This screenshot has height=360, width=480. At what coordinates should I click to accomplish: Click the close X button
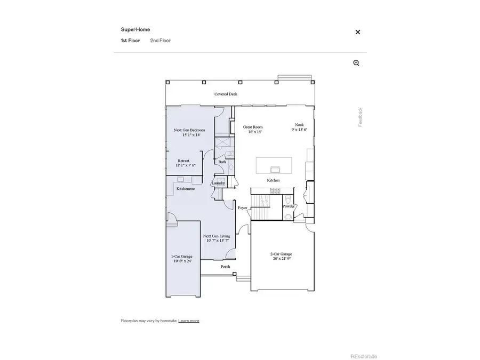point(358,32)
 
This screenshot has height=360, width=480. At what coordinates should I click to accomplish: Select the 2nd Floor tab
point(160,41)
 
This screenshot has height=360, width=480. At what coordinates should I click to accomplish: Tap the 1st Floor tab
point(130,41)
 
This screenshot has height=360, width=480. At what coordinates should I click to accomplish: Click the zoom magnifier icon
point(356,63)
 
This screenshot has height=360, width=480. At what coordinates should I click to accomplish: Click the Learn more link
point(189,321)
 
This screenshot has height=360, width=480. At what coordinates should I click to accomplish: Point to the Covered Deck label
point(226,94)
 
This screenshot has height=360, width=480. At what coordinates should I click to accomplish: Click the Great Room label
point(253,127)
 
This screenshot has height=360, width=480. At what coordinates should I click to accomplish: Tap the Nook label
point(299,125)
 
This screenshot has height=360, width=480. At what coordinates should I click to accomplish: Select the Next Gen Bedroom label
point(190,130)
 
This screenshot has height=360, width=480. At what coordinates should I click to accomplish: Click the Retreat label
point(183,161)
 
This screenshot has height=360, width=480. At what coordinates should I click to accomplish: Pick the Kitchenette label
point(186,189)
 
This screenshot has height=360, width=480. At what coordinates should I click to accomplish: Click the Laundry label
point(218,183)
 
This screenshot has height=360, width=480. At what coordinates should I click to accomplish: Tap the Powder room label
point(289,206)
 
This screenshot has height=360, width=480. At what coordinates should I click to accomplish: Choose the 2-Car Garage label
point(281,254)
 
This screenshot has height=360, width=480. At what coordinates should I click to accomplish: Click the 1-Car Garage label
point(182,257)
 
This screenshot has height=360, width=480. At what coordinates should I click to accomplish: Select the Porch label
point(226,267)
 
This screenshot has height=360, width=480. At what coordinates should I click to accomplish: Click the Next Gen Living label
point(217,236)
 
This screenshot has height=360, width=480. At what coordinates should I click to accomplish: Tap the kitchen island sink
point(276,170)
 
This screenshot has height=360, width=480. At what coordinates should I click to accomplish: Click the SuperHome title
point(132,30)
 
